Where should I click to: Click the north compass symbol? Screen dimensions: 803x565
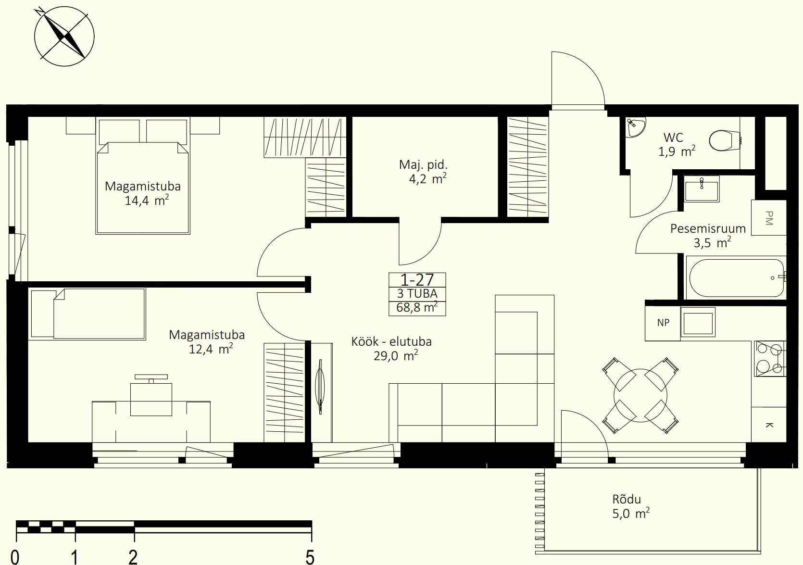[64, 36]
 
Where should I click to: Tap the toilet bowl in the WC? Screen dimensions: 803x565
[725, 140]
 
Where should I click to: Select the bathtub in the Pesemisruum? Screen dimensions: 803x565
[737, 278]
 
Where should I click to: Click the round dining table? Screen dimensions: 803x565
[640, 395]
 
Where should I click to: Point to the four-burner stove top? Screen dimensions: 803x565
[770, 359]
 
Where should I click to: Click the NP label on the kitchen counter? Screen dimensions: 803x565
[663, 323]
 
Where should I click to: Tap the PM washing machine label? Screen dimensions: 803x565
[768, 218]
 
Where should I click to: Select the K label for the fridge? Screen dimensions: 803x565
[769, 425]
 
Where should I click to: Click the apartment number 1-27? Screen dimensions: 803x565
[417, 280]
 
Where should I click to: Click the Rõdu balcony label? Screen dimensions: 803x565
[626, 499]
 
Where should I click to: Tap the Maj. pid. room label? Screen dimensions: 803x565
[423, 164]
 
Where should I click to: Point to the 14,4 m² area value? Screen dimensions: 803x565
[147, 201]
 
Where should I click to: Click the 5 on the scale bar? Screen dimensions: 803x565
[310, 557]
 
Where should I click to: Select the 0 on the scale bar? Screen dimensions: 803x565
[15, 557]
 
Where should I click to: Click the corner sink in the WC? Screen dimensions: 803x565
[635, 127]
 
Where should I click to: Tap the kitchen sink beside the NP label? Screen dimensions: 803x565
[698, 322]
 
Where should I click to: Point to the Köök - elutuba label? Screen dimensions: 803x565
[391, 342]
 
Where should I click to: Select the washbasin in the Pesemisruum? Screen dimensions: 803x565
[702, 189]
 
